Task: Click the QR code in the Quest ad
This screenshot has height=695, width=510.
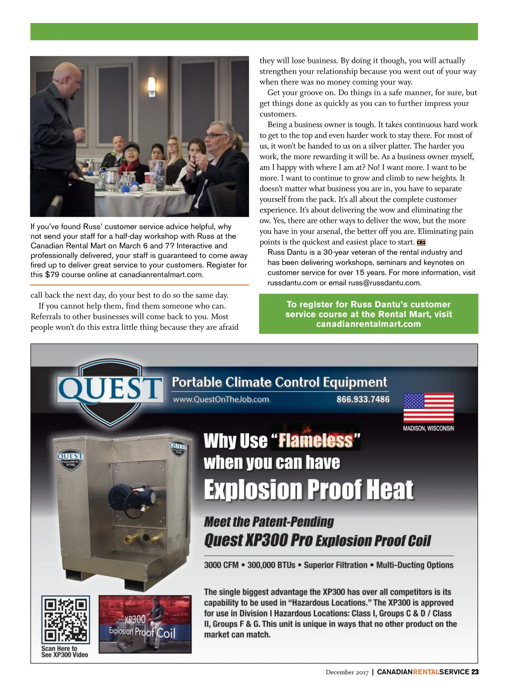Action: coord(65,620)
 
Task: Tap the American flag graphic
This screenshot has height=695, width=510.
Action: coord(428,408)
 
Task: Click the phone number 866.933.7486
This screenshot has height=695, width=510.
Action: coord(363,399)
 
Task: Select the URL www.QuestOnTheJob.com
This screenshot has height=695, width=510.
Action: coord(221,399)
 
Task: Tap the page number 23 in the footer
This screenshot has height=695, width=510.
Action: coord(475,672)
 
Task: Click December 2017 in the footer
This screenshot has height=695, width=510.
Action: coord(347,672)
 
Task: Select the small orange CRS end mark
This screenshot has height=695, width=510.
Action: coord(421,242)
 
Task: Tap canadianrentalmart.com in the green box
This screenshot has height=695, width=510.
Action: coord(368,324)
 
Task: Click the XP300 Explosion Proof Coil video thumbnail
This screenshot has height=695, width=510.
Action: coord(145,624)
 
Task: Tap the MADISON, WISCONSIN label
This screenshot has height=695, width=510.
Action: coord(428,428)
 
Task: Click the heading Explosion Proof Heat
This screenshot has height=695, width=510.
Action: coord(309,490)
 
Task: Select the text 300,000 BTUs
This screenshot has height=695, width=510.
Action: coord(271,565)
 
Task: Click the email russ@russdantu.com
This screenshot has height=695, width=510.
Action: coord(385,283)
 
